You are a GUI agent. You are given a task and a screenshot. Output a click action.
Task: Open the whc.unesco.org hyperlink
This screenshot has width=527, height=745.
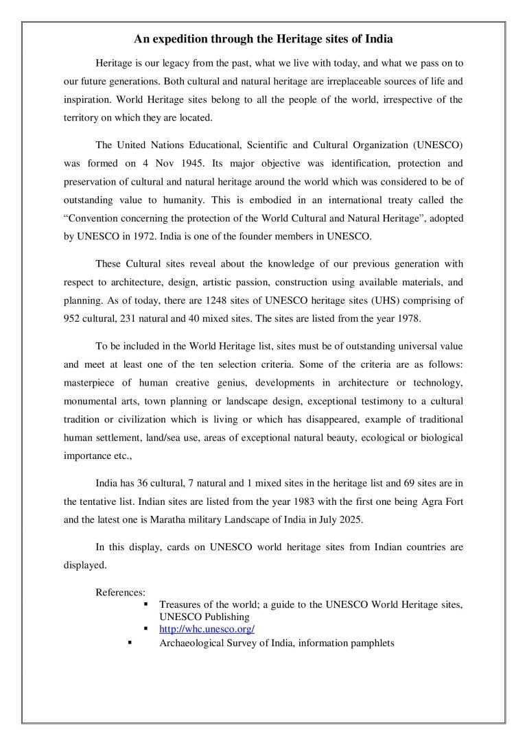[x=207, y=628]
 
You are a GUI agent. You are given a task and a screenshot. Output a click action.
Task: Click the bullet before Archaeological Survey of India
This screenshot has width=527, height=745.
[x=130, y=643]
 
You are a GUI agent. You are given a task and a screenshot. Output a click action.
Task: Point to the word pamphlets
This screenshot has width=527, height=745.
[x=368, y=643]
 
